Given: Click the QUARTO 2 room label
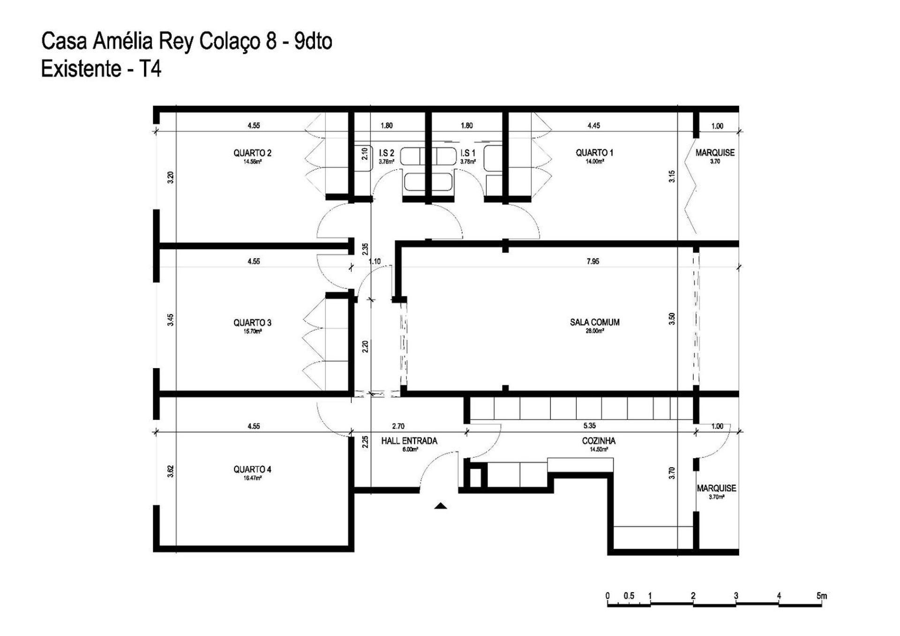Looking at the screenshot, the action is (252, 153).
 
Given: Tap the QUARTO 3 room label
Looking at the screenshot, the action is (252, 323).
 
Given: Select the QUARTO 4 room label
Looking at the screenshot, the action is (252, 469).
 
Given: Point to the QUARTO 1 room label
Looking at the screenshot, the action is (594, 152).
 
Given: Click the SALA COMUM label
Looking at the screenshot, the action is (594, 322).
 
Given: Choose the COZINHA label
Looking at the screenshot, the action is (599, 441).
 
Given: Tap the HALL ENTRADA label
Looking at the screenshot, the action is (409, 441).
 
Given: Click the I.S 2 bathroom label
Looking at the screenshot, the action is (386, 153).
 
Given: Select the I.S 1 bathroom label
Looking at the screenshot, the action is (468, 153).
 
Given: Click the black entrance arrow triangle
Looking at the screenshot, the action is (440, 506).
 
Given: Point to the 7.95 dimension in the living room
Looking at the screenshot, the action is (592, 261).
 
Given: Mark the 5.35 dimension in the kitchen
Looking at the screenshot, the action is (589, 426).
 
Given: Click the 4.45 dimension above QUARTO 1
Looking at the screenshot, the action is (593, 126).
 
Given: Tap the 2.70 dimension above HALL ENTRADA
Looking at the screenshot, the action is (398, 426).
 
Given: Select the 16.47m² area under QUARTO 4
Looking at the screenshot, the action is (252, 478).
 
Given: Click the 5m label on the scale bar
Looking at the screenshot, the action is (821, 596).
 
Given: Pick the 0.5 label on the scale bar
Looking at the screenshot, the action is (629, 596).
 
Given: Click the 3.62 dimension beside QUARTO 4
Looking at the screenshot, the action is (171, 471).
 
